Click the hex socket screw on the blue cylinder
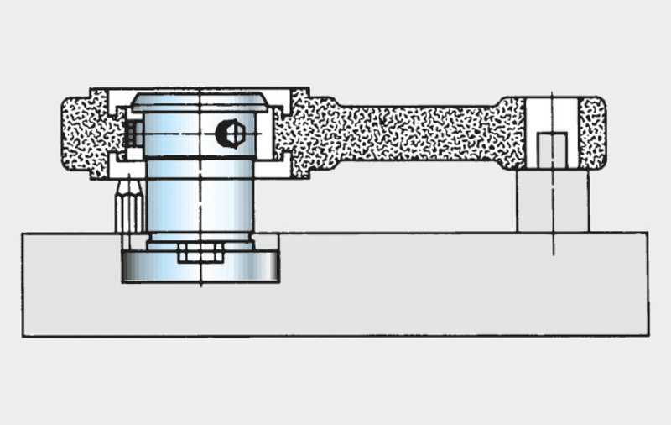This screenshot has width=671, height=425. pos(229,133)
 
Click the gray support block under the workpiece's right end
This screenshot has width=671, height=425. pos(553,202)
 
